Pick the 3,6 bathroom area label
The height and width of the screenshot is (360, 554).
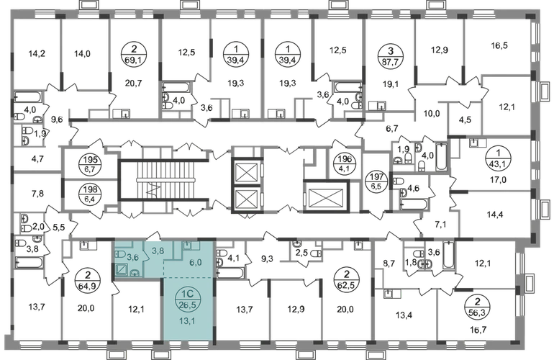pyautogui.click(x=132, y=256)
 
